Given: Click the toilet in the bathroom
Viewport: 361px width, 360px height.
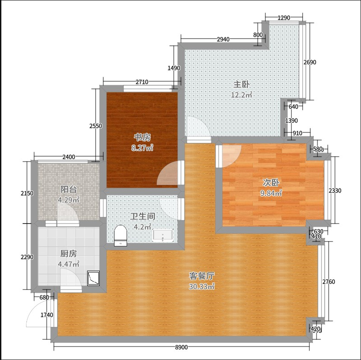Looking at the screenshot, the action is point(120,236).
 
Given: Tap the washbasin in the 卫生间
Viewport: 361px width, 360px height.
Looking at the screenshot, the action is point(163,235).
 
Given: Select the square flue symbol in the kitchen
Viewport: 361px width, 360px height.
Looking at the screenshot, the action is point(93,278).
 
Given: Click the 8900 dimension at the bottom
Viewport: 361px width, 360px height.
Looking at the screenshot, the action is point(181,347).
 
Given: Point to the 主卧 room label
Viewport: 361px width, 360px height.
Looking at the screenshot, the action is point(241,84).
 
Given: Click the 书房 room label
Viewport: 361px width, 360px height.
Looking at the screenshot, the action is point(142,137).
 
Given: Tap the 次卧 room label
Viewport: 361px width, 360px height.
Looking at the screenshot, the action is point(271,183).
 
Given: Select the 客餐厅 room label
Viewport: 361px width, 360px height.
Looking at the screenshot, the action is point(202,276).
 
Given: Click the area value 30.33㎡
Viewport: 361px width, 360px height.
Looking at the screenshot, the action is point(202,286).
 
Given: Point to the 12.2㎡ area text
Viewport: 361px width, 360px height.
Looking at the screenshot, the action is point(242,95).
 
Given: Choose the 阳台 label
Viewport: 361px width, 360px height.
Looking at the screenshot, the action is point(68,189).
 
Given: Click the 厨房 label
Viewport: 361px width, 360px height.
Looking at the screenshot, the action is point(68,254).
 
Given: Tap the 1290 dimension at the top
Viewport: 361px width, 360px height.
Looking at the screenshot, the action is point(284,18).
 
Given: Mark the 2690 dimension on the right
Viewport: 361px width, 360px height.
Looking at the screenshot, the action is point(310,62).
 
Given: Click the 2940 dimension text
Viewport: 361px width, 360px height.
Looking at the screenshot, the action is point(223,40).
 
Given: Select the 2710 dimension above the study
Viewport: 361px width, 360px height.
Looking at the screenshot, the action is point(142,82).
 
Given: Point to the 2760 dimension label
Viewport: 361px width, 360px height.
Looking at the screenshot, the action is point(329,282).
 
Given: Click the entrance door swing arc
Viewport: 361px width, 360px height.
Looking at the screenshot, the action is point(34,307).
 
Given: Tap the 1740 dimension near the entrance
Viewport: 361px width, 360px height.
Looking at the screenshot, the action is point(47,315).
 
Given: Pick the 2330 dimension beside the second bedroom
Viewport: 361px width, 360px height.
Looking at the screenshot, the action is point(335,191).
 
